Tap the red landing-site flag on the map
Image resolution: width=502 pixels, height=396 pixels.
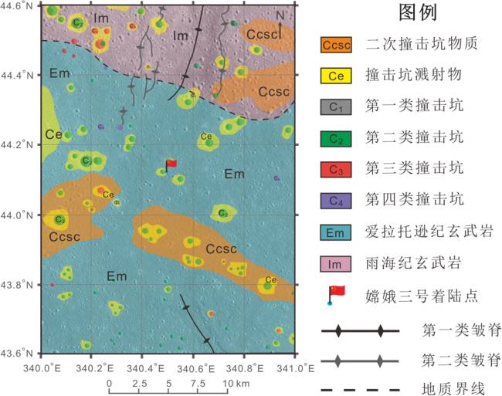tap(171, 164)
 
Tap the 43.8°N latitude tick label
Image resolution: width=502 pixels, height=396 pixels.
tap(19, 285)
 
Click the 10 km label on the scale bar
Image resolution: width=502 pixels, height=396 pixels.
tap(236, 384)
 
